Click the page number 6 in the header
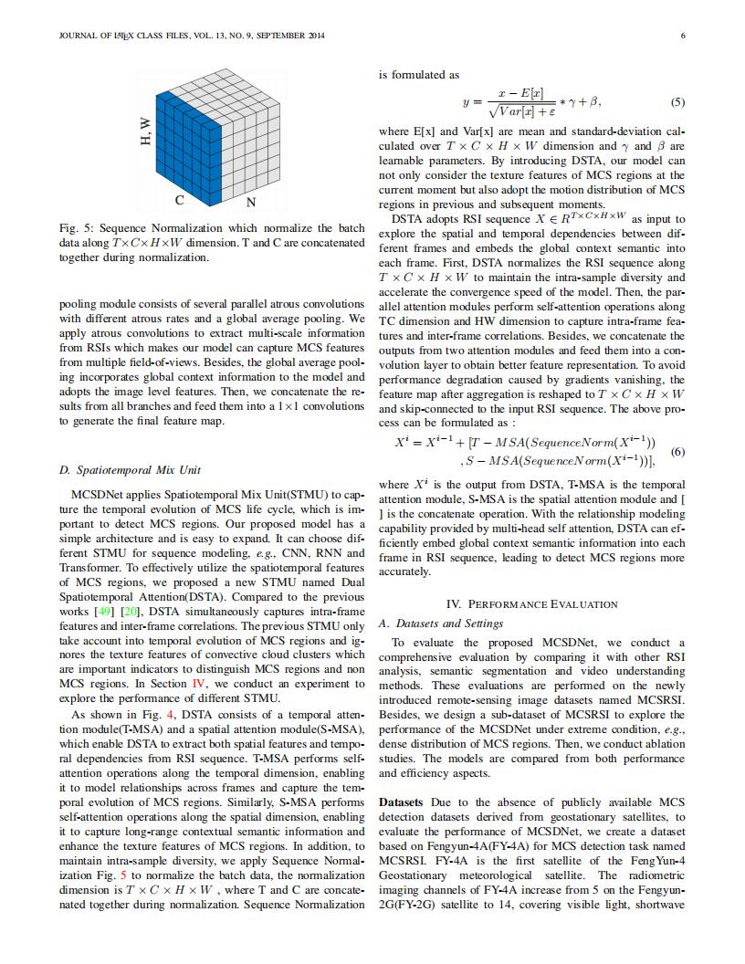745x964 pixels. coord(683,36)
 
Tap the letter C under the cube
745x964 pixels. coord(181,200)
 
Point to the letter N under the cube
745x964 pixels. coord(251,201)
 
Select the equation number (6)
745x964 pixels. coord(677,452)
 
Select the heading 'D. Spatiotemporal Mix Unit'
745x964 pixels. coord(130,470)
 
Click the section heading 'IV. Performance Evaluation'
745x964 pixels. coord(531,604)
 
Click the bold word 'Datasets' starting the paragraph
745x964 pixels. coord(401,802)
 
